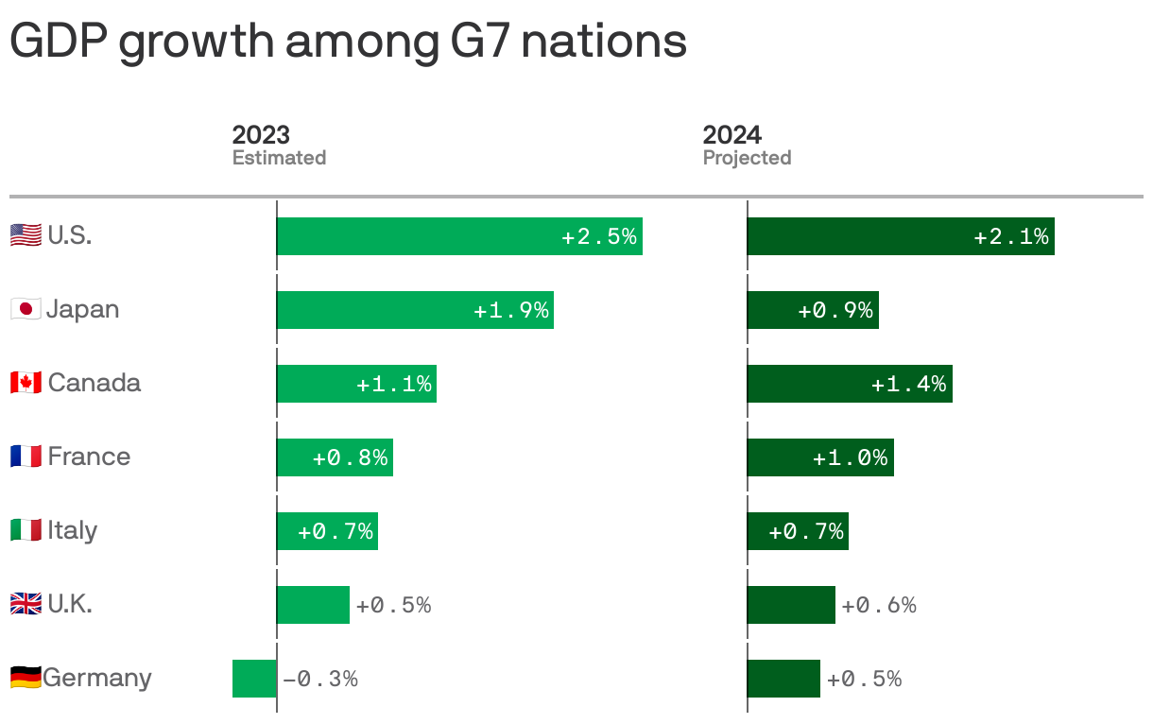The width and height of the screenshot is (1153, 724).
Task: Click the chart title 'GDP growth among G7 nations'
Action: [348, 42]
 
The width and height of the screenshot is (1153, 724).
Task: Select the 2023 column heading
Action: [261, 134]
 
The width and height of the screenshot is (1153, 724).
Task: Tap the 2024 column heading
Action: [731, 134]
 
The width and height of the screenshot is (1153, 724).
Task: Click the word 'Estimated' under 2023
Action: [279, 158]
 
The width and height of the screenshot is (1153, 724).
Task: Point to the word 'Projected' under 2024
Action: [747, 158]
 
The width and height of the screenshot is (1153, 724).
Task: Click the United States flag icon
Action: [26, 235]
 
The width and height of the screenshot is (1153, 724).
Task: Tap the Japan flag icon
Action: [26, 309]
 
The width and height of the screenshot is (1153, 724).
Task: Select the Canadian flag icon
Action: [26, 383]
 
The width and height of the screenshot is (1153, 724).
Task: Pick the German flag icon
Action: [26, 678]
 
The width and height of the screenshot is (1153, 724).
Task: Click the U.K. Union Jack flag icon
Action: [26, 604]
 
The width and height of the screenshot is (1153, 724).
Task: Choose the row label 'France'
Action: [89, 457]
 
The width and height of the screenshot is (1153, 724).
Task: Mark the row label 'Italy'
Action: [73, 530]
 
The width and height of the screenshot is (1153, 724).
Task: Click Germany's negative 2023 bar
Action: [254, 679]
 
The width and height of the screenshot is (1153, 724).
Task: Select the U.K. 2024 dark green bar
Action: [791, 605]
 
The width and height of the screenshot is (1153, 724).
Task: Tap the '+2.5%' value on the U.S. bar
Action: [599, 236]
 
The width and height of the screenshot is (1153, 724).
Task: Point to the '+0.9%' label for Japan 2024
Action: [835, 310]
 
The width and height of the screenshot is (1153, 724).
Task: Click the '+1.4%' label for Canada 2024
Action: [908, 384]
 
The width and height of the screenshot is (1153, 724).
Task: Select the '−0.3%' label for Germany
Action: [319, 679]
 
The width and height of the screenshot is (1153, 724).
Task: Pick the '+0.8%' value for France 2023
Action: [350, 457]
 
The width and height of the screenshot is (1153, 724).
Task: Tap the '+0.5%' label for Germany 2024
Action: [864, 679]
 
